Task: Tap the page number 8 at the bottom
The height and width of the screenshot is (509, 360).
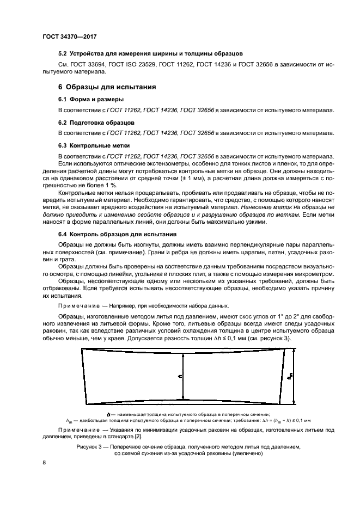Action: coord(45,462)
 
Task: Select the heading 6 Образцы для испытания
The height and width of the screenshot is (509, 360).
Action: coord(107,87)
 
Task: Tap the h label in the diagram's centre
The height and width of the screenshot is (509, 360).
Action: coord(180,375)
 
